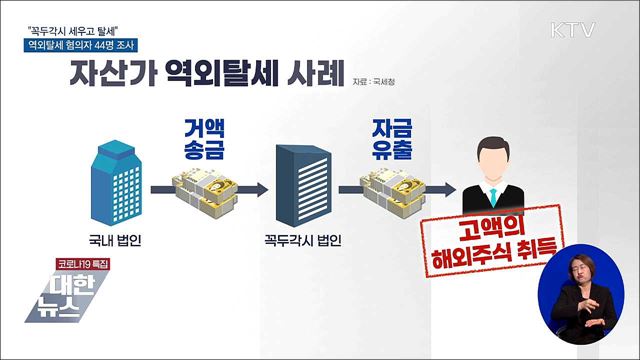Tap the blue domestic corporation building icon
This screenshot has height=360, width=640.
tap(118, 184)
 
